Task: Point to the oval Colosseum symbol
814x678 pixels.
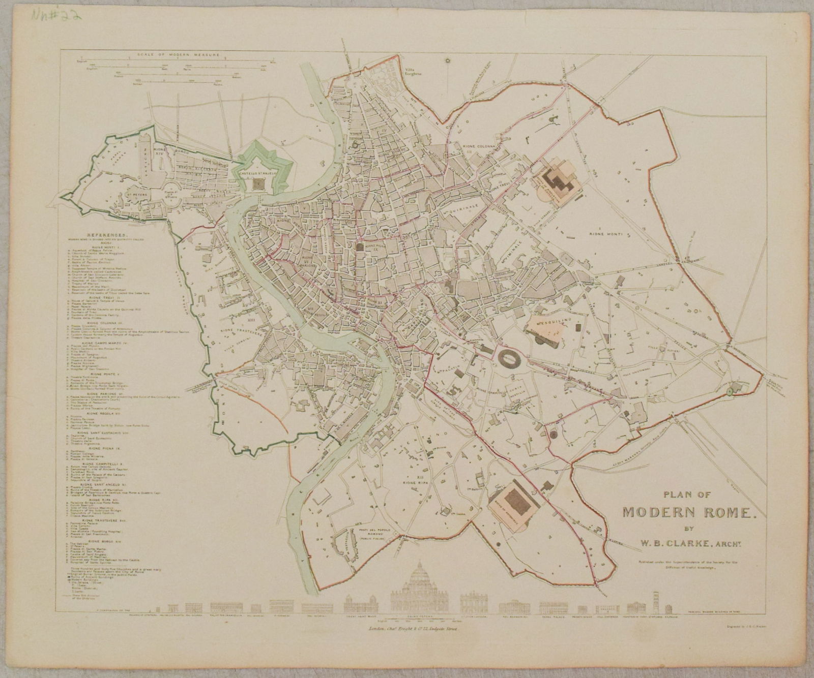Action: pyautogui.click(x=508, y=358)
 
